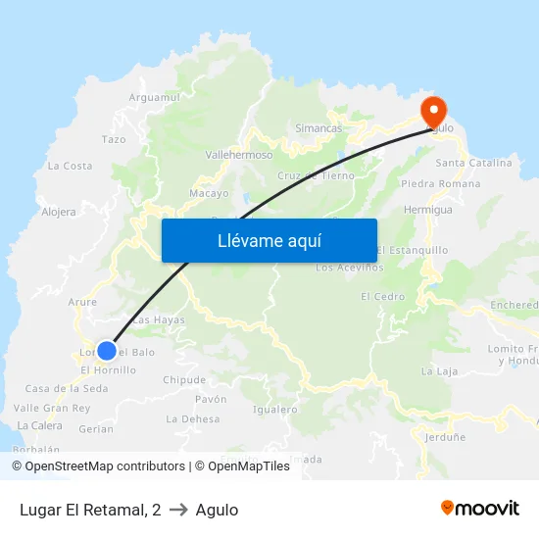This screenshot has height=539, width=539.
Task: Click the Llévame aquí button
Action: point(269,240)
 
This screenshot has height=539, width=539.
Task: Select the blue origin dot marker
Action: point(107,350)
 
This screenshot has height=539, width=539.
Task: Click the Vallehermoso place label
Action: point(239,155)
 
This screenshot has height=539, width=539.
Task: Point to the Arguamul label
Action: point(155,97)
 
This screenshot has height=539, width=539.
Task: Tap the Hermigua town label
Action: point(428,210)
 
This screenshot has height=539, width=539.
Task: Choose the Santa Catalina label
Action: point(473,163)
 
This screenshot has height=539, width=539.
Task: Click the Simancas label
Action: point(318,128)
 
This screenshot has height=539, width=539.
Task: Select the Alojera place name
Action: point(59,211)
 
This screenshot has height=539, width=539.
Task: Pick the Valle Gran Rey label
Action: point(52,408)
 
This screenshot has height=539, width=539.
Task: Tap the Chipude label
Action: point(184,380)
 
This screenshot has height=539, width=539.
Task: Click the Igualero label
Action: point(275,410)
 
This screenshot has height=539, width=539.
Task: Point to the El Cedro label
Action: point(382,297)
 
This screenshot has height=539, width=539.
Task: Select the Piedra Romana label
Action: point(441,183)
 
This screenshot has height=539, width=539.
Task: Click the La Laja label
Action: point(439,371)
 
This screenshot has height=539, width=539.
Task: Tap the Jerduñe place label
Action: point(445,438)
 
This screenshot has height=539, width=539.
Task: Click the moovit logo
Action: point(479,509)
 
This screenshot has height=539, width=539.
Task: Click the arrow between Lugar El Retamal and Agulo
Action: point(178,510)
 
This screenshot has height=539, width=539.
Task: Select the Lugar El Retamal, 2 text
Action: point(90,510)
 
